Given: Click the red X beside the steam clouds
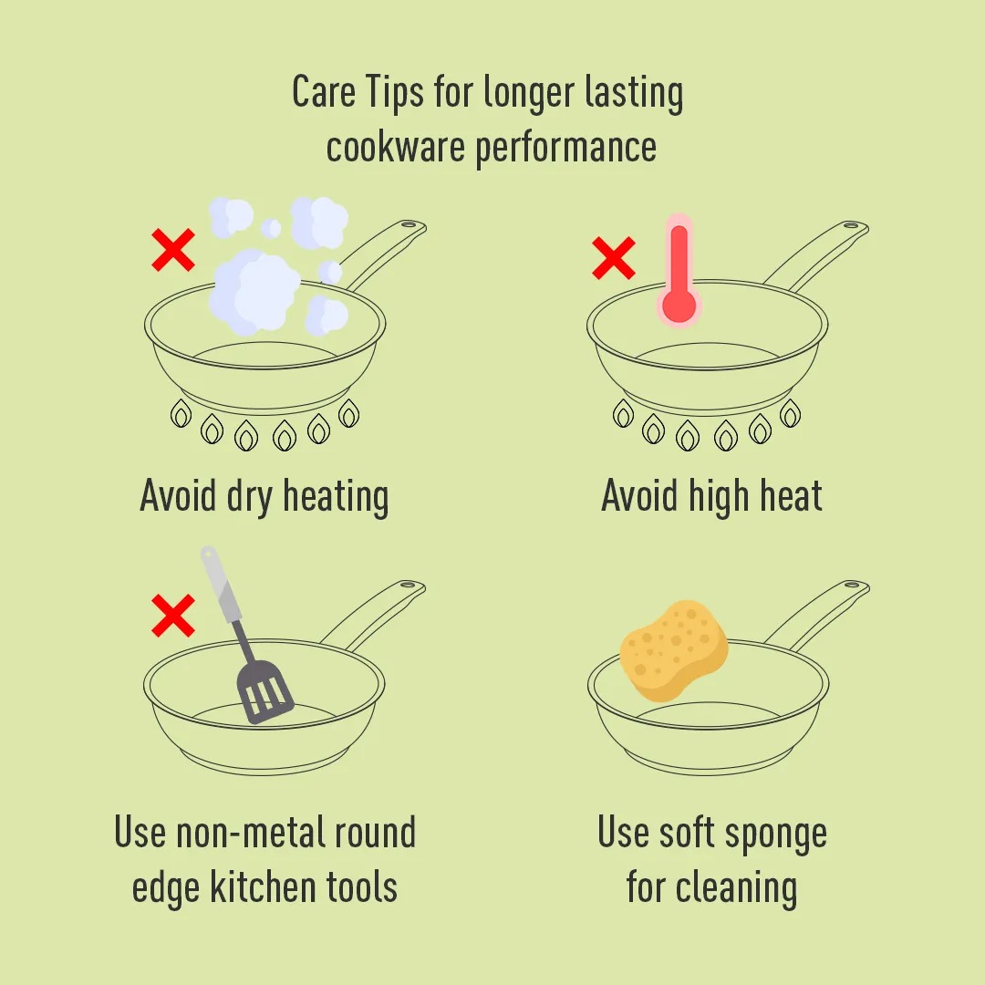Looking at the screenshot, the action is [173, 250].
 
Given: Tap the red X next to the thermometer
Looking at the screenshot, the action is [614, 257].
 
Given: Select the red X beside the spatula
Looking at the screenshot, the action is [173, 616].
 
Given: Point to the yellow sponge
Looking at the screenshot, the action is [674, 650].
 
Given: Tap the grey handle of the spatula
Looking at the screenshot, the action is [220, 585].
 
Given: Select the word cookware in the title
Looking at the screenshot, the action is [396, 147].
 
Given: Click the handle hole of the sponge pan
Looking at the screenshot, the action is [853, 585].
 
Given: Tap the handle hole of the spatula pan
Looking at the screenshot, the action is [409, 585].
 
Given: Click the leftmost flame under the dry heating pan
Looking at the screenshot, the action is [181, 414].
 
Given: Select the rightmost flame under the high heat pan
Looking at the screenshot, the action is [790, 414].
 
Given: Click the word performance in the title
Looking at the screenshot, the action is [566, 149].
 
